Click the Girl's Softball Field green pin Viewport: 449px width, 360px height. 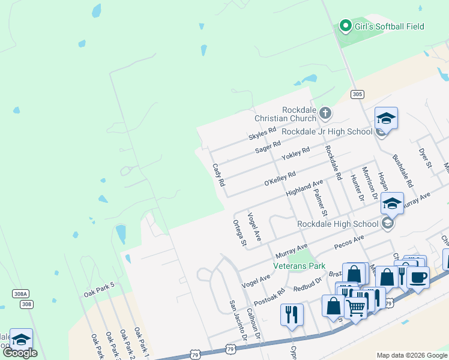click(x=345, y=26)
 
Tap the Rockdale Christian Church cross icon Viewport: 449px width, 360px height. click(x=325, y=112)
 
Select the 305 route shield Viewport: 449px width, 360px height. click(x=357, y=94)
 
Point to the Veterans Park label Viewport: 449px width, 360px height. click(x=299, y=265)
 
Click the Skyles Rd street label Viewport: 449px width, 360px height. click(x=262, y=134)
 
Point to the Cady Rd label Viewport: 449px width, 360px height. click(x=218, y=174)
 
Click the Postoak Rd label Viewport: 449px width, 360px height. click(x=269, y=296)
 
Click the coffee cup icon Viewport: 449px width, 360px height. click(x=418, y=277)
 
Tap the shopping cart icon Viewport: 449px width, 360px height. click(x=355, y=307)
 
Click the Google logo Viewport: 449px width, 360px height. click(x=20, y=353)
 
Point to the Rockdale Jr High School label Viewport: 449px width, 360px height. click(x=327, y=131)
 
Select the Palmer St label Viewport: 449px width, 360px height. click(x=321, y=202)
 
